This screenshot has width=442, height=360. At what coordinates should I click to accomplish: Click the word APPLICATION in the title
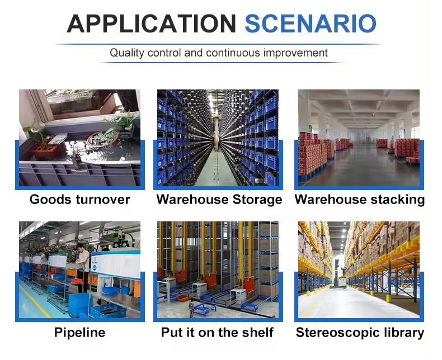pyautogui.click(x=152, y=23)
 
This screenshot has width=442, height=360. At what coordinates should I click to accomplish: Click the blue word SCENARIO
pyautogui.click(x=311, y=23)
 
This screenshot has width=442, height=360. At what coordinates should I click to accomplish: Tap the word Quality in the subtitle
pyautogui.click(x=127, y=53)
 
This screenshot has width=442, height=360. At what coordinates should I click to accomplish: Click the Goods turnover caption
pyautogui.click(x=80, y=200)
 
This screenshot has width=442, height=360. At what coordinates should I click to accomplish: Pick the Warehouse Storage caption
pyautogui.click(x=219, y=200)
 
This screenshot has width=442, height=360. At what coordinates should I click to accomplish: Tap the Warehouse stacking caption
pyautogui.click(x=359, y=200)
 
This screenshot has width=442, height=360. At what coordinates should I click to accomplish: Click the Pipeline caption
pyautogui.click(x=80, y=333)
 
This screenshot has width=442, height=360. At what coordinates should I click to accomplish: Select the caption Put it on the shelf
pyautogui.click(x=217, y=333)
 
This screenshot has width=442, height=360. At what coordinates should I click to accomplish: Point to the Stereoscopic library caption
pyautogui.click(x=360, y=333)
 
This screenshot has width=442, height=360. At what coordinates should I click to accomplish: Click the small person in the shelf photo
pyautogui.click(x=191, y=309)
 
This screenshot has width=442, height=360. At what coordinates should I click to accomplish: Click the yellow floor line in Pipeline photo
pyautogui.click(x=35, y=302)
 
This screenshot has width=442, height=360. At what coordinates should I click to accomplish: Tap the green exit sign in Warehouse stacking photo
pyautogui.click(x=310, y=129)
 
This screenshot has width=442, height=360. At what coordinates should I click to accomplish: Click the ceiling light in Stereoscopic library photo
pyautogui.click(x=344, y=231)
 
